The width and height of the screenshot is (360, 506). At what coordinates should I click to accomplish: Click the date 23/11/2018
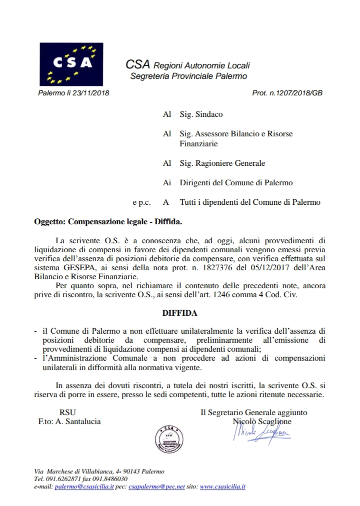[x=92, y=93]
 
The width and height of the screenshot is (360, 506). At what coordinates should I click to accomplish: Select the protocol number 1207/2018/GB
[x=299, y=93]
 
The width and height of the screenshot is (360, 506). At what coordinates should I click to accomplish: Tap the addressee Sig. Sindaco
[x=201, y=114]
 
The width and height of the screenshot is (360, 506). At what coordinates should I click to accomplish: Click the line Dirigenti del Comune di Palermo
[x=236, y=183]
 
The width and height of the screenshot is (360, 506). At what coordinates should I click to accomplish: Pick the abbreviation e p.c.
[x=141, y=202]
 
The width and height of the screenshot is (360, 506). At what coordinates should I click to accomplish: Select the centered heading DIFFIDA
[x=179, y=313]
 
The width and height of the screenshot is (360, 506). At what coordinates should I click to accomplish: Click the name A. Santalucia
[x=78, y=422]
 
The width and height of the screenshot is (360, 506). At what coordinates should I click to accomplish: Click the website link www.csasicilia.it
[x=222, y=486]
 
